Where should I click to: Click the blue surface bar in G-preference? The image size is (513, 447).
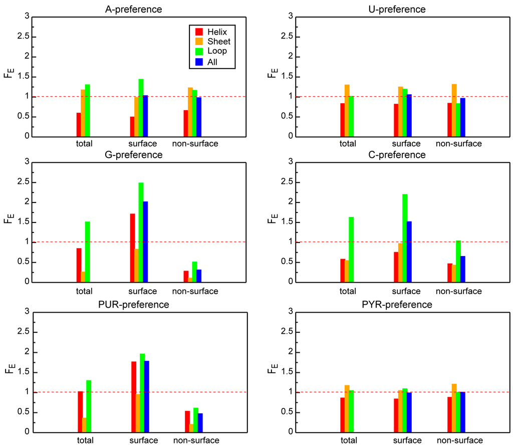[x=145, y=242]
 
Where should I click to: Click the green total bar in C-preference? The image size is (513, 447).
[x=351, y=249]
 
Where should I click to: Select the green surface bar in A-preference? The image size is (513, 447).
[x=141, y=108]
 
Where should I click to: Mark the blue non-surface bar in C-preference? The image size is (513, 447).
[x=463, y=269]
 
